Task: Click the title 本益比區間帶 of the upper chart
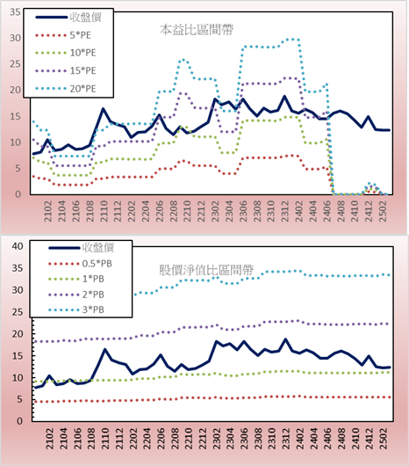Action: (197, 30)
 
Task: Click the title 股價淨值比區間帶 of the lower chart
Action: (206, 270)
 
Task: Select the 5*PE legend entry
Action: (63, 35)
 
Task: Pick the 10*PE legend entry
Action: (66, 53)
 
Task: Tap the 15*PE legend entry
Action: (66, 70)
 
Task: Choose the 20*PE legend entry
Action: (66, 89)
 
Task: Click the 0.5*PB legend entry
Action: (80, 264)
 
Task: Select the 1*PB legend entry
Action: (76, 279)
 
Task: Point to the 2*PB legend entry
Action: (76, 295)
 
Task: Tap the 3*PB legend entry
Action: (76, 309)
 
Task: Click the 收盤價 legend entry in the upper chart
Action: (68, 18)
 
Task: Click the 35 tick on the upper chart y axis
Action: (15, 12)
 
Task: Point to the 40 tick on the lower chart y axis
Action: (18, 246)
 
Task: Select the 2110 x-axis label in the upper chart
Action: (104, 211)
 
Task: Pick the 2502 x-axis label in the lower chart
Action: (384, 439)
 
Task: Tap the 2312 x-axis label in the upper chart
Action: (285, 211)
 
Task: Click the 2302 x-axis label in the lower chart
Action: (217, 439)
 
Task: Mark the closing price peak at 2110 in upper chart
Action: (104, 109)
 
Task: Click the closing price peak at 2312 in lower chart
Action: (285, 339)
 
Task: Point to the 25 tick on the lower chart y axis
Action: (18, 312)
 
